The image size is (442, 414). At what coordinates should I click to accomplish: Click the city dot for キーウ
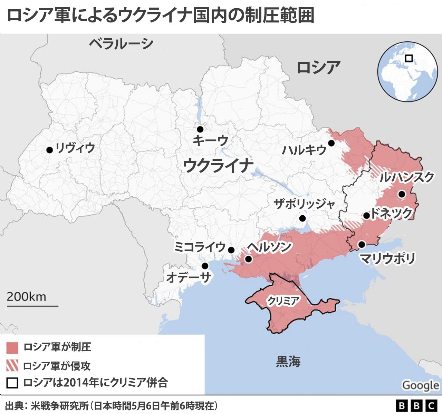pos(200,129)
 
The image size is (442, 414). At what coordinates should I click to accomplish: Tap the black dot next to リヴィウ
pos(49,150)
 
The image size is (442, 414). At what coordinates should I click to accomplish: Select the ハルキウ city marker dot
pos(331,143)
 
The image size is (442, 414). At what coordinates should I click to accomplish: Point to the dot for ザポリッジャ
pos(302,218)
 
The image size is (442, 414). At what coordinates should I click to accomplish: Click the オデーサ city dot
pos(205,266)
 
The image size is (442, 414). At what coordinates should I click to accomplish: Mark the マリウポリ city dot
pos(362,244)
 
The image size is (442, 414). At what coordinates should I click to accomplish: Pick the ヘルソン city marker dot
pos(248,259)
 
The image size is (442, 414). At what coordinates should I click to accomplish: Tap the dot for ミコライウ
pos(231,250)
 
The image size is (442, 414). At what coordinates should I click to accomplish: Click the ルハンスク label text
pos(406,178)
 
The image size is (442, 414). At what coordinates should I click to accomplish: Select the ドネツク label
pos(391,214)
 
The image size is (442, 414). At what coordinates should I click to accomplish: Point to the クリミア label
pos(283,301)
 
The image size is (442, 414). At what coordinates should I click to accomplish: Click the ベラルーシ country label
pos(121,44)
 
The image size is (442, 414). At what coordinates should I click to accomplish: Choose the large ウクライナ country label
pos(218,165)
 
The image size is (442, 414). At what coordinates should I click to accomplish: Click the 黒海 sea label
pos(288,361)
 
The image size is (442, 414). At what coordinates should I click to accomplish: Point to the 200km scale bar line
pos(32,306)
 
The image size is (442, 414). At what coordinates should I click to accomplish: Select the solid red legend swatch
pos(12,348)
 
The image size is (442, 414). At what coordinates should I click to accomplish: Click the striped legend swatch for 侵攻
pos(12,366)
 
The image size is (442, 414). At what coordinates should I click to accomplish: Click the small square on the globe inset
pos(409,58)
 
